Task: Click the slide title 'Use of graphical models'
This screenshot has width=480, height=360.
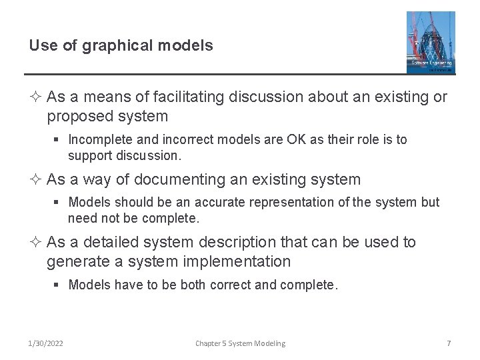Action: click(x=121, y=45)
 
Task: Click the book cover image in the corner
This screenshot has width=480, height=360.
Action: click(x=431, y=42)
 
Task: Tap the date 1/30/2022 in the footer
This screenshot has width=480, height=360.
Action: click(x=46, y=343)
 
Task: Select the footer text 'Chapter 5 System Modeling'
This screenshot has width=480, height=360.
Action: click(x=240, y=343)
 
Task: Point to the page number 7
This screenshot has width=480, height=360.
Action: click(x=449, y=343)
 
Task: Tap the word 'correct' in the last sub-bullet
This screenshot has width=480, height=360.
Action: click(x=231, y=285)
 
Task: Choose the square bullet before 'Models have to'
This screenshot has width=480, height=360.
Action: click(x=57, y=285)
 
